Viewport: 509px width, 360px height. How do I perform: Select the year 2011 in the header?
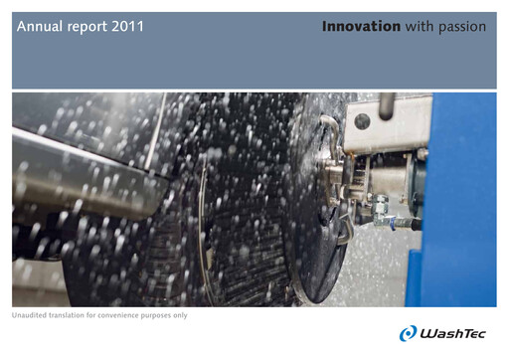[x=128, y=27]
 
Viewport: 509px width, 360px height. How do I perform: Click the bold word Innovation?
[x=361, y=27]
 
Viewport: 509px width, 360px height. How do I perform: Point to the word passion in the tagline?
[x=460, y=27]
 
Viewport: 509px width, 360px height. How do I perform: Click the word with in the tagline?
[x=419, y=27]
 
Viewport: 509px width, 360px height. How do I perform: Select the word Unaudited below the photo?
[x=30, y=315]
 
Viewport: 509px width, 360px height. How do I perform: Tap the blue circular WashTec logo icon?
[x=408, y=333]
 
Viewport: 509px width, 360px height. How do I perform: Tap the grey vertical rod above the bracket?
[x=387, y=105]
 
